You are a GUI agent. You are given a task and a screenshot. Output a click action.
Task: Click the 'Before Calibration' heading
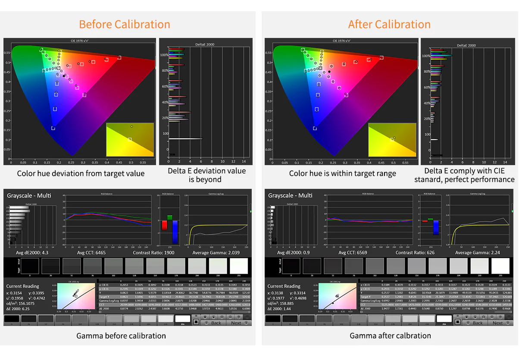[125, 24]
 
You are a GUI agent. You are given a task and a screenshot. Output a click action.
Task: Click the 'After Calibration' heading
[389, 24]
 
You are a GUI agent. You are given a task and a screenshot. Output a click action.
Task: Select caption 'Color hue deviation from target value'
[81, 174]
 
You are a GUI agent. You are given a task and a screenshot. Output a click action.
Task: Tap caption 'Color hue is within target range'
[342, 174]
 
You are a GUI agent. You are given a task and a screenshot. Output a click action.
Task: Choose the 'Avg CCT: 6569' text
[352, 253]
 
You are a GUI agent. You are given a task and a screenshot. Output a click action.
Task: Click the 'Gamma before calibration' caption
[121, 336]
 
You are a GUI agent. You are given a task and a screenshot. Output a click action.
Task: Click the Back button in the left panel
[215, 322]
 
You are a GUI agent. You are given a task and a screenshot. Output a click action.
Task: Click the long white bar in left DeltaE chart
[185, 139]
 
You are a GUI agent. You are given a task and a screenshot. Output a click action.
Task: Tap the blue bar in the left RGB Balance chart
[175, 232]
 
